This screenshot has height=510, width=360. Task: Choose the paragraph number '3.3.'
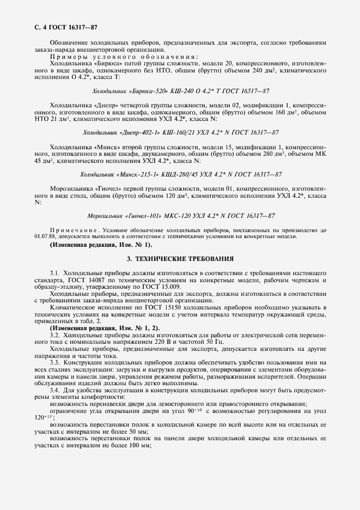pos(55,363)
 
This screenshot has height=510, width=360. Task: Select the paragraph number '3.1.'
pos(55,272)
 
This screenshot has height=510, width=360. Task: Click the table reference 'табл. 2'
pos(85,321)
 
